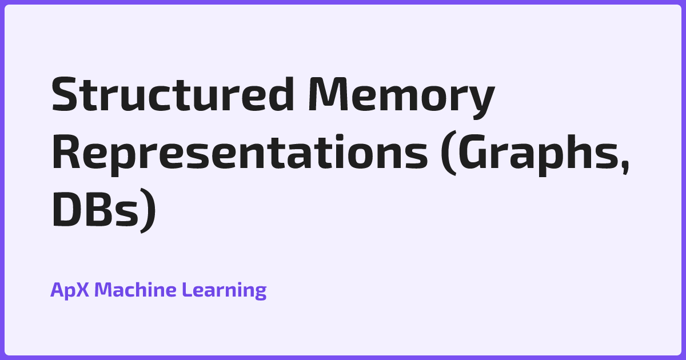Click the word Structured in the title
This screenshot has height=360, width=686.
[x=173, y=94]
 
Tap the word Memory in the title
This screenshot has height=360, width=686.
[x=401, y=97]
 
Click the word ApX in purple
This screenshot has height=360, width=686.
[x=70, y=290]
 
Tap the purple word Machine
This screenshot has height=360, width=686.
[x=135, y=289]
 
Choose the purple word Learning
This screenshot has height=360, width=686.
[x=224, y=290]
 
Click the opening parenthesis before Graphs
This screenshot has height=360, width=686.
[x=449, y=153]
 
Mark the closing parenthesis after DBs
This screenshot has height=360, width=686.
[x=148, y=211]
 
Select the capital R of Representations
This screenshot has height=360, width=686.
[x=66, y=151]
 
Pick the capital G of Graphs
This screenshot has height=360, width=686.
[x=473, y=151]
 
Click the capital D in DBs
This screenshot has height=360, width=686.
[x=67, y=209]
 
